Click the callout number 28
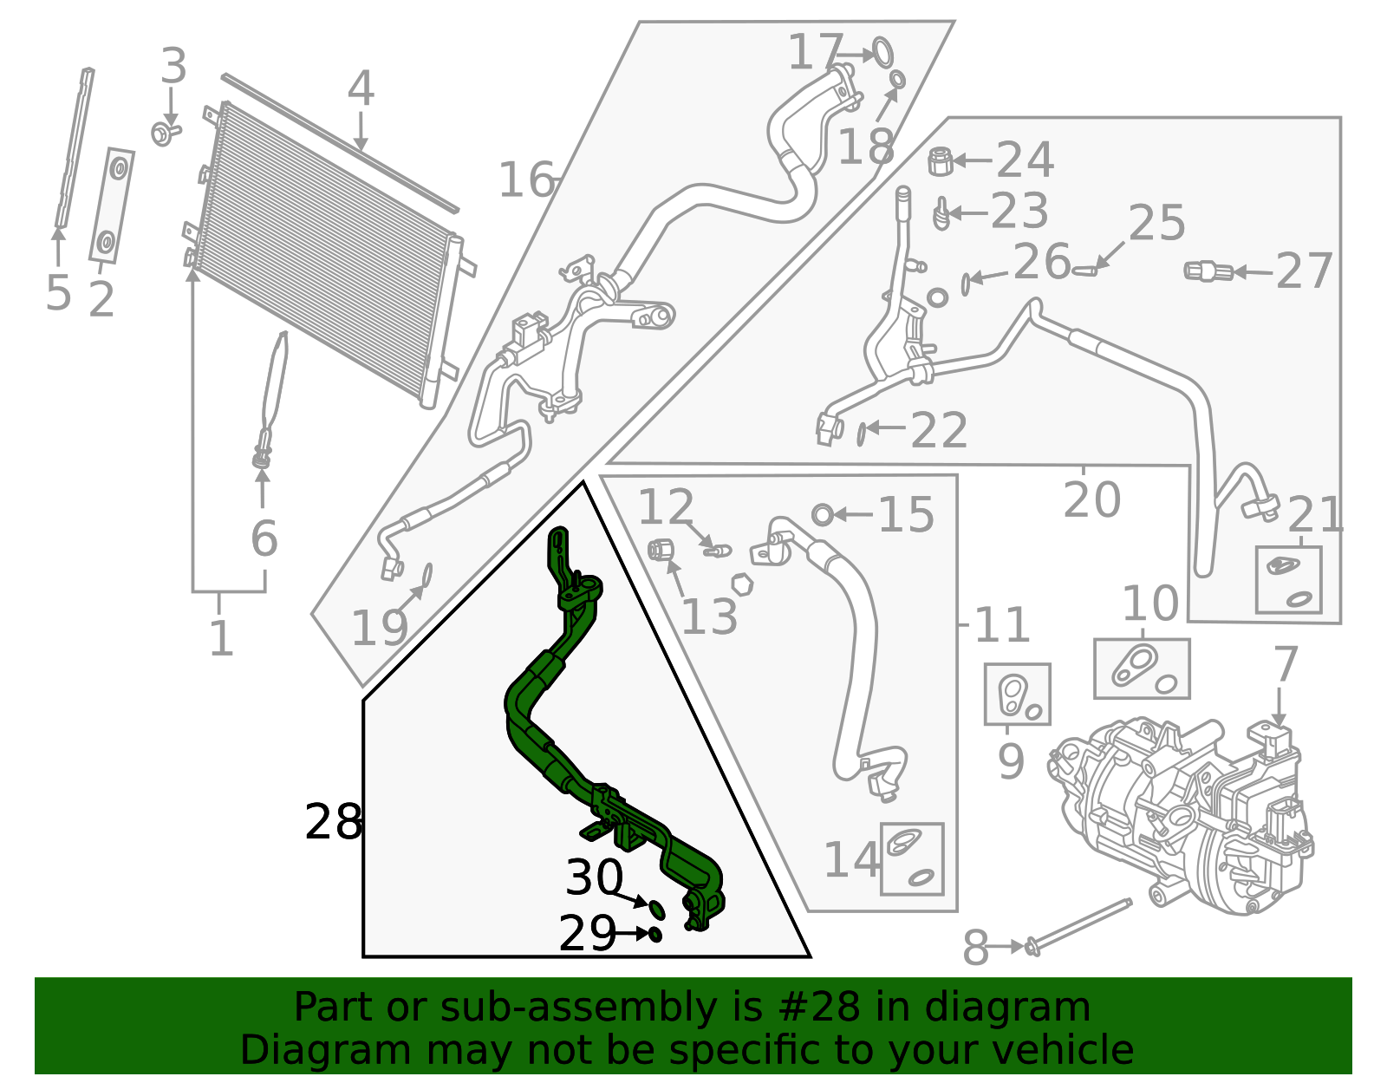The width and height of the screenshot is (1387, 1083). (x=333, y=822)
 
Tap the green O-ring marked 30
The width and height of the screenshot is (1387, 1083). (x=658, y=909)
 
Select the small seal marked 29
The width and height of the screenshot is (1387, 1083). (x=655, y=934)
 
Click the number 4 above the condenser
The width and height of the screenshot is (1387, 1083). (x=361, y=89)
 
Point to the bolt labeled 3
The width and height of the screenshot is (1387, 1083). (x=165, y=134)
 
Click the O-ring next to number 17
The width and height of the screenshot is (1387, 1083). (x=882, y=52)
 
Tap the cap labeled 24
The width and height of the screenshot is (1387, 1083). (x=941, y=161)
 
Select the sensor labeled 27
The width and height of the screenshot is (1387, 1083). (x=1208, y=271)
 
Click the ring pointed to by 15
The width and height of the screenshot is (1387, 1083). (x=822, y=515)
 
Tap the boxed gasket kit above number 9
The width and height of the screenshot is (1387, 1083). (x=1017, y=695)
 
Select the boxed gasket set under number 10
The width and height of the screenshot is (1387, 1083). (x=1142, y=669)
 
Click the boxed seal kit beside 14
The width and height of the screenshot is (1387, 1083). (x=912, y=858)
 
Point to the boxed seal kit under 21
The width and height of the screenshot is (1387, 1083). (x=1288, y=579)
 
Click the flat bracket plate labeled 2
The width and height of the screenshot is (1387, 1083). (x=111, y=205)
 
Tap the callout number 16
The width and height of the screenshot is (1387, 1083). (x=526, y=180)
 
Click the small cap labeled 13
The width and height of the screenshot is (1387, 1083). (x=661, y=549)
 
